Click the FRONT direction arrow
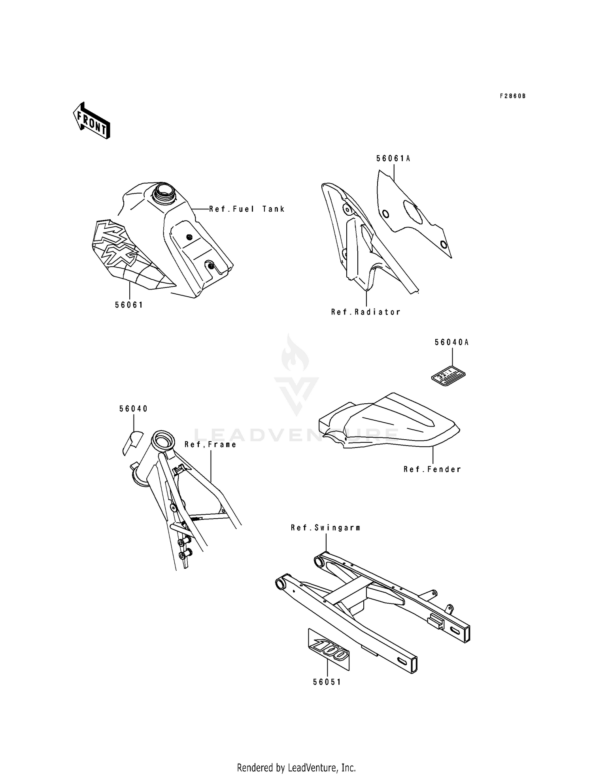91,120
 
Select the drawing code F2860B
513,96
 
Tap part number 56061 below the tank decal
129,305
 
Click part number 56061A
393,158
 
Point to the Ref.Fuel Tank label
247,209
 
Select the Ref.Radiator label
366,312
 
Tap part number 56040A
451,342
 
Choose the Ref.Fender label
432,469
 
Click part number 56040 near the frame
134,409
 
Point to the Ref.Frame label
210,444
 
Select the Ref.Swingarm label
325,528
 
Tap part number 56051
327,682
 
